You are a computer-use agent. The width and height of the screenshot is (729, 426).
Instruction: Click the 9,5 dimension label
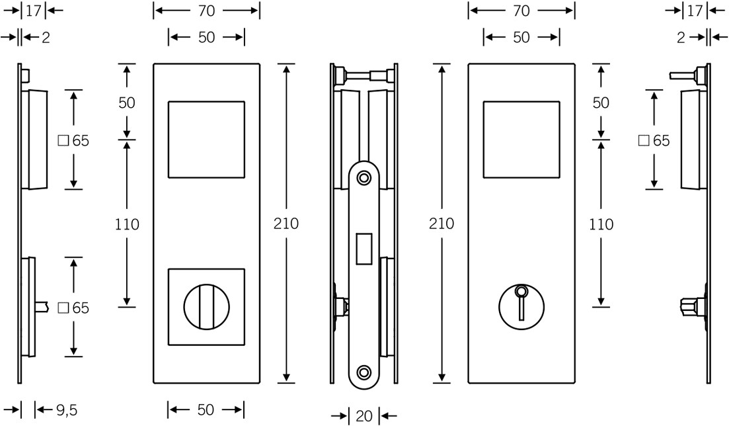click(67, 410)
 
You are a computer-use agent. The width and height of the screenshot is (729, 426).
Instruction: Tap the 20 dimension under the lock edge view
click(364, 416)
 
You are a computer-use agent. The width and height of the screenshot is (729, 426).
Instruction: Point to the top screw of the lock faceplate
click(364, 177)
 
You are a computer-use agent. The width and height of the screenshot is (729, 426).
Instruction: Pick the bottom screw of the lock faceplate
click(364, 372)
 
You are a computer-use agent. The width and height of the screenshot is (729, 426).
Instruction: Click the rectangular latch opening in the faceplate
click(364, 249)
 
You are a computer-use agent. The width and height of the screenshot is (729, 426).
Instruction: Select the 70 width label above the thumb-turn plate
click(206, 11)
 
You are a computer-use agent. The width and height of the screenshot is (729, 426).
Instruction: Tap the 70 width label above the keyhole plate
click(521, 11)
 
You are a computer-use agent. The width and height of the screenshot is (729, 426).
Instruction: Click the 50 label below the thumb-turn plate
click(206, 409)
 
